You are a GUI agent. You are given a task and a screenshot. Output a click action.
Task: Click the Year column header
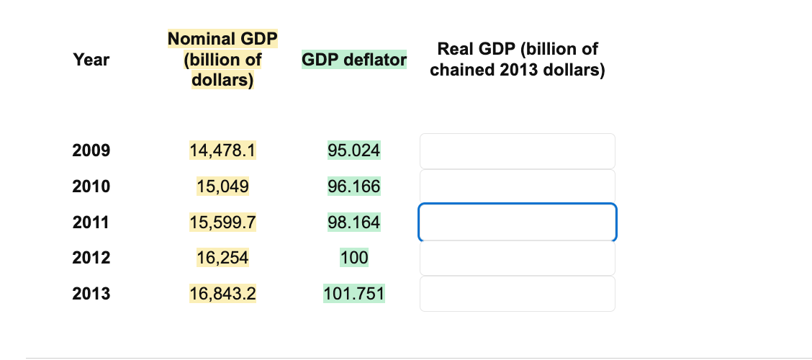(91, 60)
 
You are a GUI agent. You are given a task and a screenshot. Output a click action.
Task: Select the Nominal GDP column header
(222, 59)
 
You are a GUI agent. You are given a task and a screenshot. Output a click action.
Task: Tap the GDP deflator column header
(354, 60)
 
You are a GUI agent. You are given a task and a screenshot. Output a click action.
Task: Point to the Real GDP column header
(517, 60)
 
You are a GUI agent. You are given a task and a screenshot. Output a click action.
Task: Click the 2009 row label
(91, 150)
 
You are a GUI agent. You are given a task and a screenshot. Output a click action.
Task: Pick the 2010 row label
(91, 186)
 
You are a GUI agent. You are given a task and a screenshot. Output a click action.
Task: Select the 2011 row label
(91, 222)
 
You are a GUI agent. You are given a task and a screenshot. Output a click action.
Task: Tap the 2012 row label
(91, 258)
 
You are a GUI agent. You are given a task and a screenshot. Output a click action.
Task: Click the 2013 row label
(91, 294)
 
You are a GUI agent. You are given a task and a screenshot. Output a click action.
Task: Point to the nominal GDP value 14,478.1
(223, 150)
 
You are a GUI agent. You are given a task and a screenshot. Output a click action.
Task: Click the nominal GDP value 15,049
(223, 186)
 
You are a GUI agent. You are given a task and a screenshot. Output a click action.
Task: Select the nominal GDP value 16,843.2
(223, 294)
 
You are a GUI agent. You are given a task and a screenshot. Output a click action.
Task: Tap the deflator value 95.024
(354, 150)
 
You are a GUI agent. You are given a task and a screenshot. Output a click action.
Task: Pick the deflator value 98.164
(354, 222)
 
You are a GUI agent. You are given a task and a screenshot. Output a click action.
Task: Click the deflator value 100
(354, 258)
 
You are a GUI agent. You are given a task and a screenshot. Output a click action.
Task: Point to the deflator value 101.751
(354, 294)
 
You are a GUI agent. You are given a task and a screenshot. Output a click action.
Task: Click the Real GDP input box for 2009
(517, 151)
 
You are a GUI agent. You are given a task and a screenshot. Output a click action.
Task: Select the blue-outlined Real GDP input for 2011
(517, 222)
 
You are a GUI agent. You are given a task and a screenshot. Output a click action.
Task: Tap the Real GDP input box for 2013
(517, 294)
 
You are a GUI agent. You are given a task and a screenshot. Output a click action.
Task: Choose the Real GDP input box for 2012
(517, 258)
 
